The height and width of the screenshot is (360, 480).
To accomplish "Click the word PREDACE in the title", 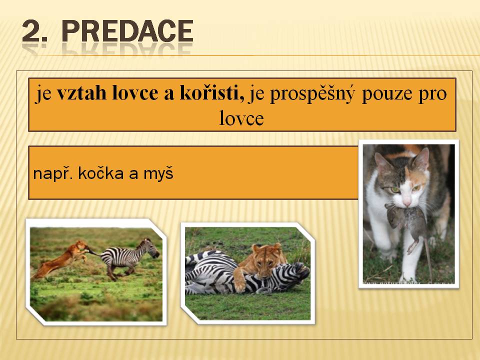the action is [x=127, y=31].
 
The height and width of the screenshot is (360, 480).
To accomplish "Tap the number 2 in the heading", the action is [x=32, y=31].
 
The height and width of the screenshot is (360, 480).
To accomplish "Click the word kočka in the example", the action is [x=101, y=173].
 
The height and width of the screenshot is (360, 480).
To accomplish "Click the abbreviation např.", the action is [x=52, y=174].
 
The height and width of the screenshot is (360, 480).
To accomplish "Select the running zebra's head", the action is [x=151, y=248].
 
